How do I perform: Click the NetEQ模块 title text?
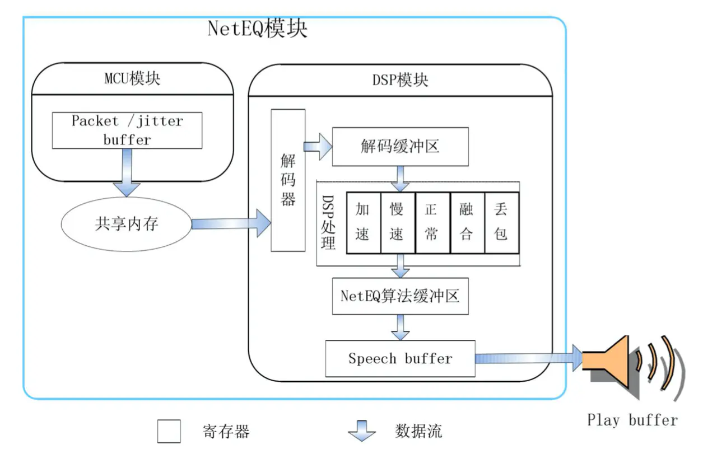tap(257, 28)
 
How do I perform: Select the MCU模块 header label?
tap(132, 78)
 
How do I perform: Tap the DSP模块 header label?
tap(400, 80)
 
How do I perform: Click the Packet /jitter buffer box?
tap(127, 130)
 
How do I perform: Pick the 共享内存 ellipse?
tap(127, 224)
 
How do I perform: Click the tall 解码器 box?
tap(288, 180)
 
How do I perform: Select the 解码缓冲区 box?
tap(400, 147)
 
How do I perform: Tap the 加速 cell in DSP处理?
tap(363, 222)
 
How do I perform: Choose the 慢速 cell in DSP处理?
tap(397, 222)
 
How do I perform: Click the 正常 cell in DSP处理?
tap(431, 222)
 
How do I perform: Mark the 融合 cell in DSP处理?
tap(466, 222)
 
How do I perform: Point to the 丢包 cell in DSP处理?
tap(501, 222)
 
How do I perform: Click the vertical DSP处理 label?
tap(329, 222)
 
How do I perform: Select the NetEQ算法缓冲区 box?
tap(400, 296)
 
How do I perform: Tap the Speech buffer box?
tap(400, 358)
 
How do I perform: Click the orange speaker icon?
tap(608, 358)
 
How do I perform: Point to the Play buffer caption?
tap(632, 420)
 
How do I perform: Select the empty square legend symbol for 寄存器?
tap(169, 431)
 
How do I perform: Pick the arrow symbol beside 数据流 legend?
tap(362, 431)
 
